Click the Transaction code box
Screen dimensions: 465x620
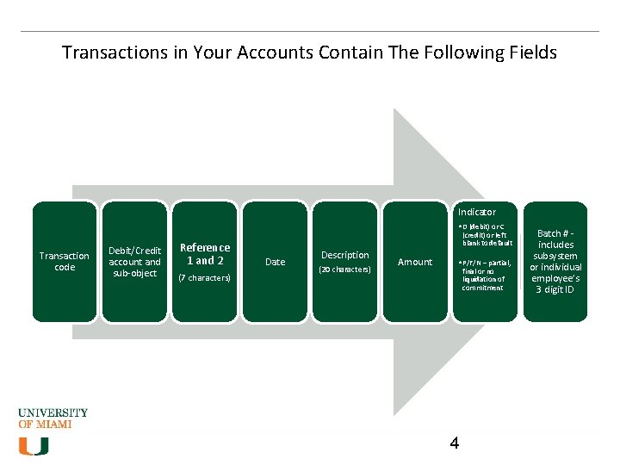[x=65, y=262]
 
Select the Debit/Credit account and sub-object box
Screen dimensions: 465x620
[x=134, y=262]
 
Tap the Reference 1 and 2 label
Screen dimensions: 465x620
[x=205, y=254]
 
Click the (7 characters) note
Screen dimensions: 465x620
[x=205, y=278]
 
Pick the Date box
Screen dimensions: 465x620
[x=275, y=262]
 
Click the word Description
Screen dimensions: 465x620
[x=344, y=255]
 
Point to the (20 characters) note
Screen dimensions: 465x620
[x=344, y=270]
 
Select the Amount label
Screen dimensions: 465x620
[x=415, y=262]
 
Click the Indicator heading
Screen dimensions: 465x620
[x=476, y=212]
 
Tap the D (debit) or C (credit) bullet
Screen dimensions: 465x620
[x=487, y=234]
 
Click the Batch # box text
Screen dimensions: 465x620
[x=555, y=261]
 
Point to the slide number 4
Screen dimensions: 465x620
[x=455, y=443]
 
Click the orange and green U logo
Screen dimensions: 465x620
[x=34, y=445]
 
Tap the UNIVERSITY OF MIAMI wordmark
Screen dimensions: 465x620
[x=53, y=418]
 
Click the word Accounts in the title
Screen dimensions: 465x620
[x=271, y=53]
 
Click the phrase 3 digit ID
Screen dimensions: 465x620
[x=555, y=289]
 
